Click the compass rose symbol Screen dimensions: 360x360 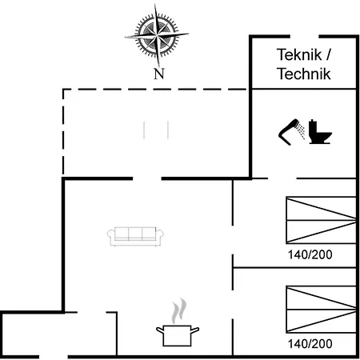pyautogui.click(x=157, y=35)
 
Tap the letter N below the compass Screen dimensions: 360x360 pyautogui.click(x=159, y=74)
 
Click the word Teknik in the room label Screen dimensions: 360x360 pyautogui.click(x=299, y=54)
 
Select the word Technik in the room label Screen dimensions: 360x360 pyautogui.click(x=304, y=74)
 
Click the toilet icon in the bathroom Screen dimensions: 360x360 pyautogui.click(x=320, y=132)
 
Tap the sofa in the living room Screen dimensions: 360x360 pyautogui.click(x=135, y=236)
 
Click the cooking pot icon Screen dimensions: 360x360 pyautogui.click(x=178, y=335)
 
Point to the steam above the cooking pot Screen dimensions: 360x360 pyautogui.click(x=179, y=310)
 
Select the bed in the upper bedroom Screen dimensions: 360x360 pyautogui.click(x=321, y=220)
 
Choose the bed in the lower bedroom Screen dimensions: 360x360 pyautogui.click(x=321, y=310)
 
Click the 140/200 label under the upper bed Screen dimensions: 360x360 pyautogui.click(x=310, y=254)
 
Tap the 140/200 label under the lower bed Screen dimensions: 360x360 pyautogui.click(x=310, y=344)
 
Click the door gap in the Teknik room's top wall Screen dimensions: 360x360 pyautogui.click(x=305, y=37)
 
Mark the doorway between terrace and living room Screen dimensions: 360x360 pyautogui.click(x=147, y=178)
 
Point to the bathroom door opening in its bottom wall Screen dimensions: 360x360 pyautogui.click(x=282, y=178)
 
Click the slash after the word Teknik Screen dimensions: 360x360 pyautogui.click(x=328, y=54)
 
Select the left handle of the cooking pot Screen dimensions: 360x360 pyautogui.click(x=159, y=330)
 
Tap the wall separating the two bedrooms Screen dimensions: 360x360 pyautogui.click(x=294, y=267)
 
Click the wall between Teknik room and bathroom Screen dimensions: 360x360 pyautogui.click(x=304, y=89)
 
